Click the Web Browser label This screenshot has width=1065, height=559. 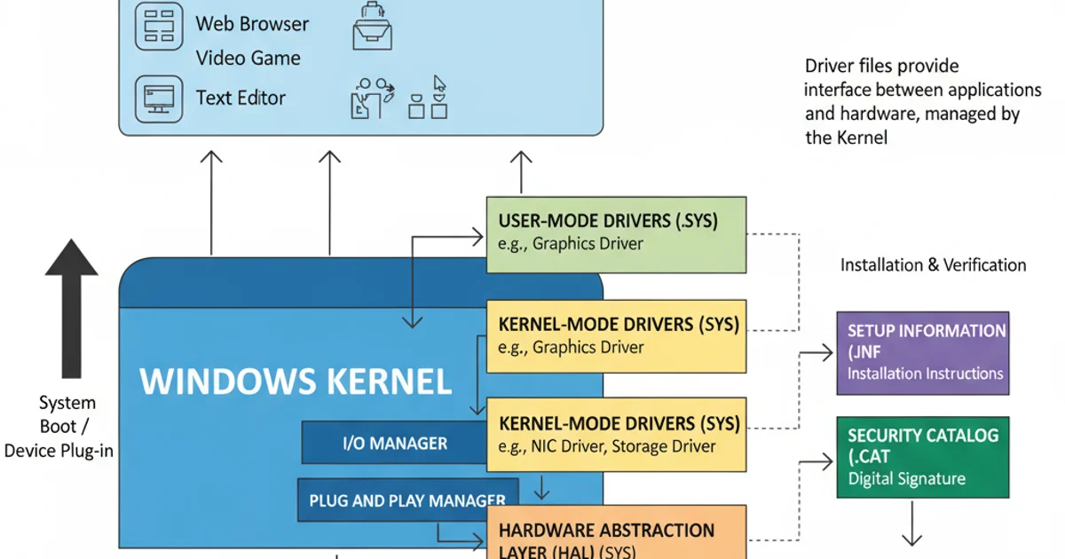tap(252, 24)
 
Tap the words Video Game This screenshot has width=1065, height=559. tap(248, 59)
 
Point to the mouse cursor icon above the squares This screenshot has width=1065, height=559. tap(438, 84)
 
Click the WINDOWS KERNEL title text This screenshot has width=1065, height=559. tap(296, 381)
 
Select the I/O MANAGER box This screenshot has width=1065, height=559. tap(394, 443)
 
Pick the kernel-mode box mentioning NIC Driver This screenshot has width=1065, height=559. tap(616, 435)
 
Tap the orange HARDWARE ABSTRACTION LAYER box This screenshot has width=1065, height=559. tap(616, 537)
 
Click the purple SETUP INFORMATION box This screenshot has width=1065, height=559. tap(923, 352)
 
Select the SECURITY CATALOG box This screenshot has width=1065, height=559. tap(923, 457)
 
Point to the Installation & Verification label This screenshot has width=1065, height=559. tap(933, 265)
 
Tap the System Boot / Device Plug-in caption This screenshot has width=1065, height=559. tap(59, 427)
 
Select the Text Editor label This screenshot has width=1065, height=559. tap(241, 98)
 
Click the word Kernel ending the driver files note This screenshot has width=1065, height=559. tap(861, 138)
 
